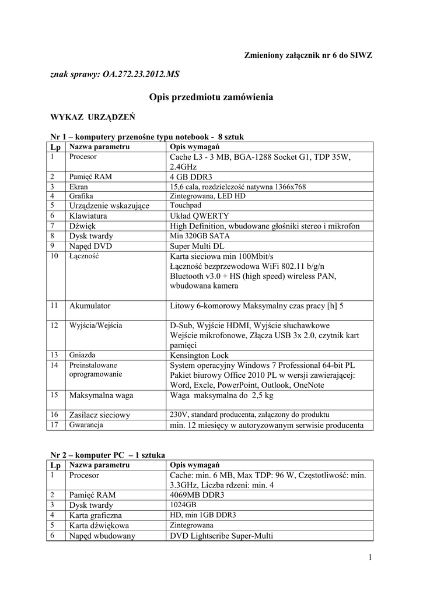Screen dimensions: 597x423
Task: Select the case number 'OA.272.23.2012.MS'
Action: click(140, 75)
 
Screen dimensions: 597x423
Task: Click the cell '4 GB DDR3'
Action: click(191, 177)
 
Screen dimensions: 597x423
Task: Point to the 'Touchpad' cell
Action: click(185, 206)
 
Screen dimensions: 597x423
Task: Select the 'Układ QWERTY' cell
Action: click(199, 216)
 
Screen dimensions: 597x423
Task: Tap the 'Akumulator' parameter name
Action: click(90, 305)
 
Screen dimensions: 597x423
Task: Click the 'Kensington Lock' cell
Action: click(199, 355)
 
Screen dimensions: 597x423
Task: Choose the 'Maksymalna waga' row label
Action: click(101, 395)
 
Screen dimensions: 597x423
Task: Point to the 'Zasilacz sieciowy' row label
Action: click(100, 415)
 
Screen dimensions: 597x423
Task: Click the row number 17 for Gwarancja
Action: click(55, 425)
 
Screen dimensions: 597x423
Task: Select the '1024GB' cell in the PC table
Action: click(183, 504)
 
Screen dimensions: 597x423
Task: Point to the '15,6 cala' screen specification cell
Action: click(237, 187)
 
